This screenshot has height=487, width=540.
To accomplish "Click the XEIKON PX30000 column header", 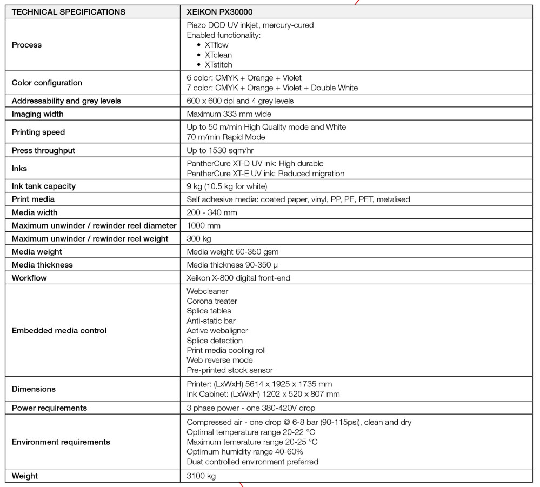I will click(x=219, y=11).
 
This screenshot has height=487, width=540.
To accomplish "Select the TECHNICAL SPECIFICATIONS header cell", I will click(x=69, y=11).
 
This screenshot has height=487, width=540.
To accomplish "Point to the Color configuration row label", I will click(x=47, y=83).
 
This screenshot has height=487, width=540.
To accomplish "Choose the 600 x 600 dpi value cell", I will click(x=240, y=101).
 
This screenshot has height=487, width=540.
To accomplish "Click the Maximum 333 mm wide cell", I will click(x=229, y=114).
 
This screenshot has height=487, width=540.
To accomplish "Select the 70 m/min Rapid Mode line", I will click(x=226, y=137).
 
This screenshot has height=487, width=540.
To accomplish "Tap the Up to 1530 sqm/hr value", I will click(x=220, y=150).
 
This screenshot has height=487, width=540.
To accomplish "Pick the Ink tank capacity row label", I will click(x=44, y=186).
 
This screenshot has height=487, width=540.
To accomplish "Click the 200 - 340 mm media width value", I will click(x=212, y=212).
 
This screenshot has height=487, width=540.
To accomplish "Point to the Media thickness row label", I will click(x=42, y=265).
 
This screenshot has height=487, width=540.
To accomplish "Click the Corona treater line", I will click(x=212, y=301).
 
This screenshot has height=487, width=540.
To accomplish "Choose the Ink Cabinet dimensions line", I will click(x=263, y=394).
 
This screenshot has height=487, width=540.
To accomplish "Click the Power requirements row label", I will click(x=49, y=408).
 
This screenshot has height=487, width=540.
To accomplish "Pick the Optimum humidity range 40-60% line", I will click(x=245, y=452).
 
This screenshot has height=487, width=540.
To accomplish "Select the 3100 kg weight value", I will click(x=199, y=476).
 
